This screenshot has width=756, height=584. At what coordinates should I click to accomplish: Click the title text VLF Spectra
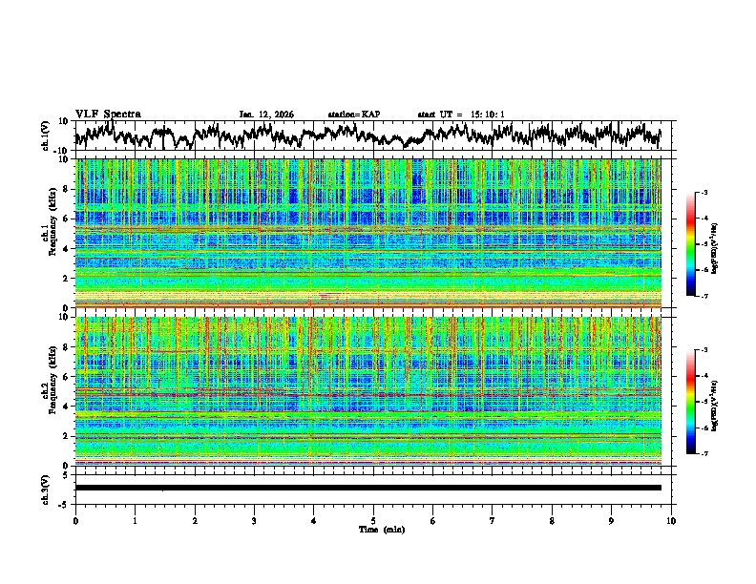[108, 114]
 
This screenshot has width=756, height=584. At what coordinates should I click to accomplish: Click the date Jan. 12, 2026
[266, 115]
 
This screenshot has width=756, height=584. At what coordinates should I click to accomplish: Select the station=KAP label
[353, 115]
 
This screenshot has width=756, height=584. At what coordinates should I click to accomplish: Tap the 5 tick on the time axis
[373, 521]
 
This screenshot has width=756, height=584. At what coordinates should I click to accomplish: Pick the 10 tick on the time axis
[671, 521]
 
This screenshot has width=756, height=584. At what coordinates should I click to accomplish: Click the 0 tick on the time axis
[75, 521]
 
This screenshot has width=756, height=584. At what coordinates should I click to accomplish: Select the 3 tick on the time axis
[254, 521]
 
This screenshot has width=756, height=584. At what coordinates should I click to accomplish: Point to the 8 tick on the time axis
[552, 521]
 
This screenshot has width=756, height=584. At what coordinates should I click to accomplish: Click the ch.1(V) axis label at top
[46, 136]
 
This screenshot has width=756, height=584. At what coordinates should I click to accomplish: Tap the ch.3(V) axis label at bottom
[46, 488]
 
